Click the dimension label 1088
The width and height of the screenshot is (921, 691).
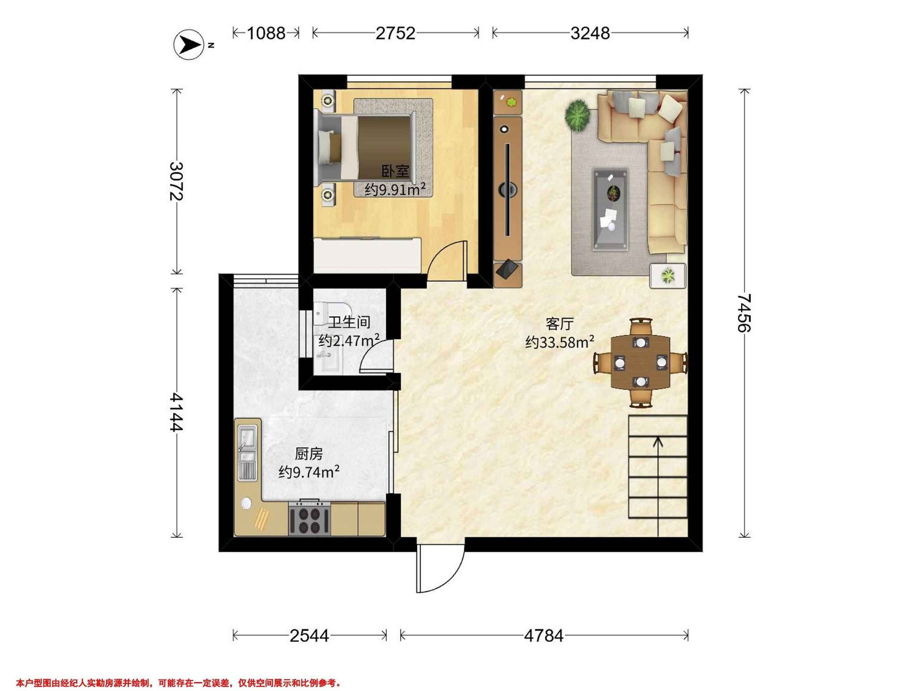click(266, 33)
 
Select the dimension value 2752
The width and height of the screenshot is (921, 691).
click(396, 33)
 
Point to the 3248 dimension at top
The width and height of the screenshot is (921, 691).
click(590, 33)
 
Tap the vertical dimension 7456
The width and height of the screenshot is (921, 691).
click(744, 313)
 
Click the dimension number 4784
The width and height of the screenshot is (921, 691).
click(543, 636)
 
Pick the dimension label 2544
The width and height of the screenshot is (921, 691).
click(309, 636)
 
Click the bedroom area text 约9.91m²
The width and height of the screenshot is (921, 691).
click(395, 190)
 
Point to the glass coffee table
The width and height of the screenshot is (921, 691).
click(611, 210)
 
